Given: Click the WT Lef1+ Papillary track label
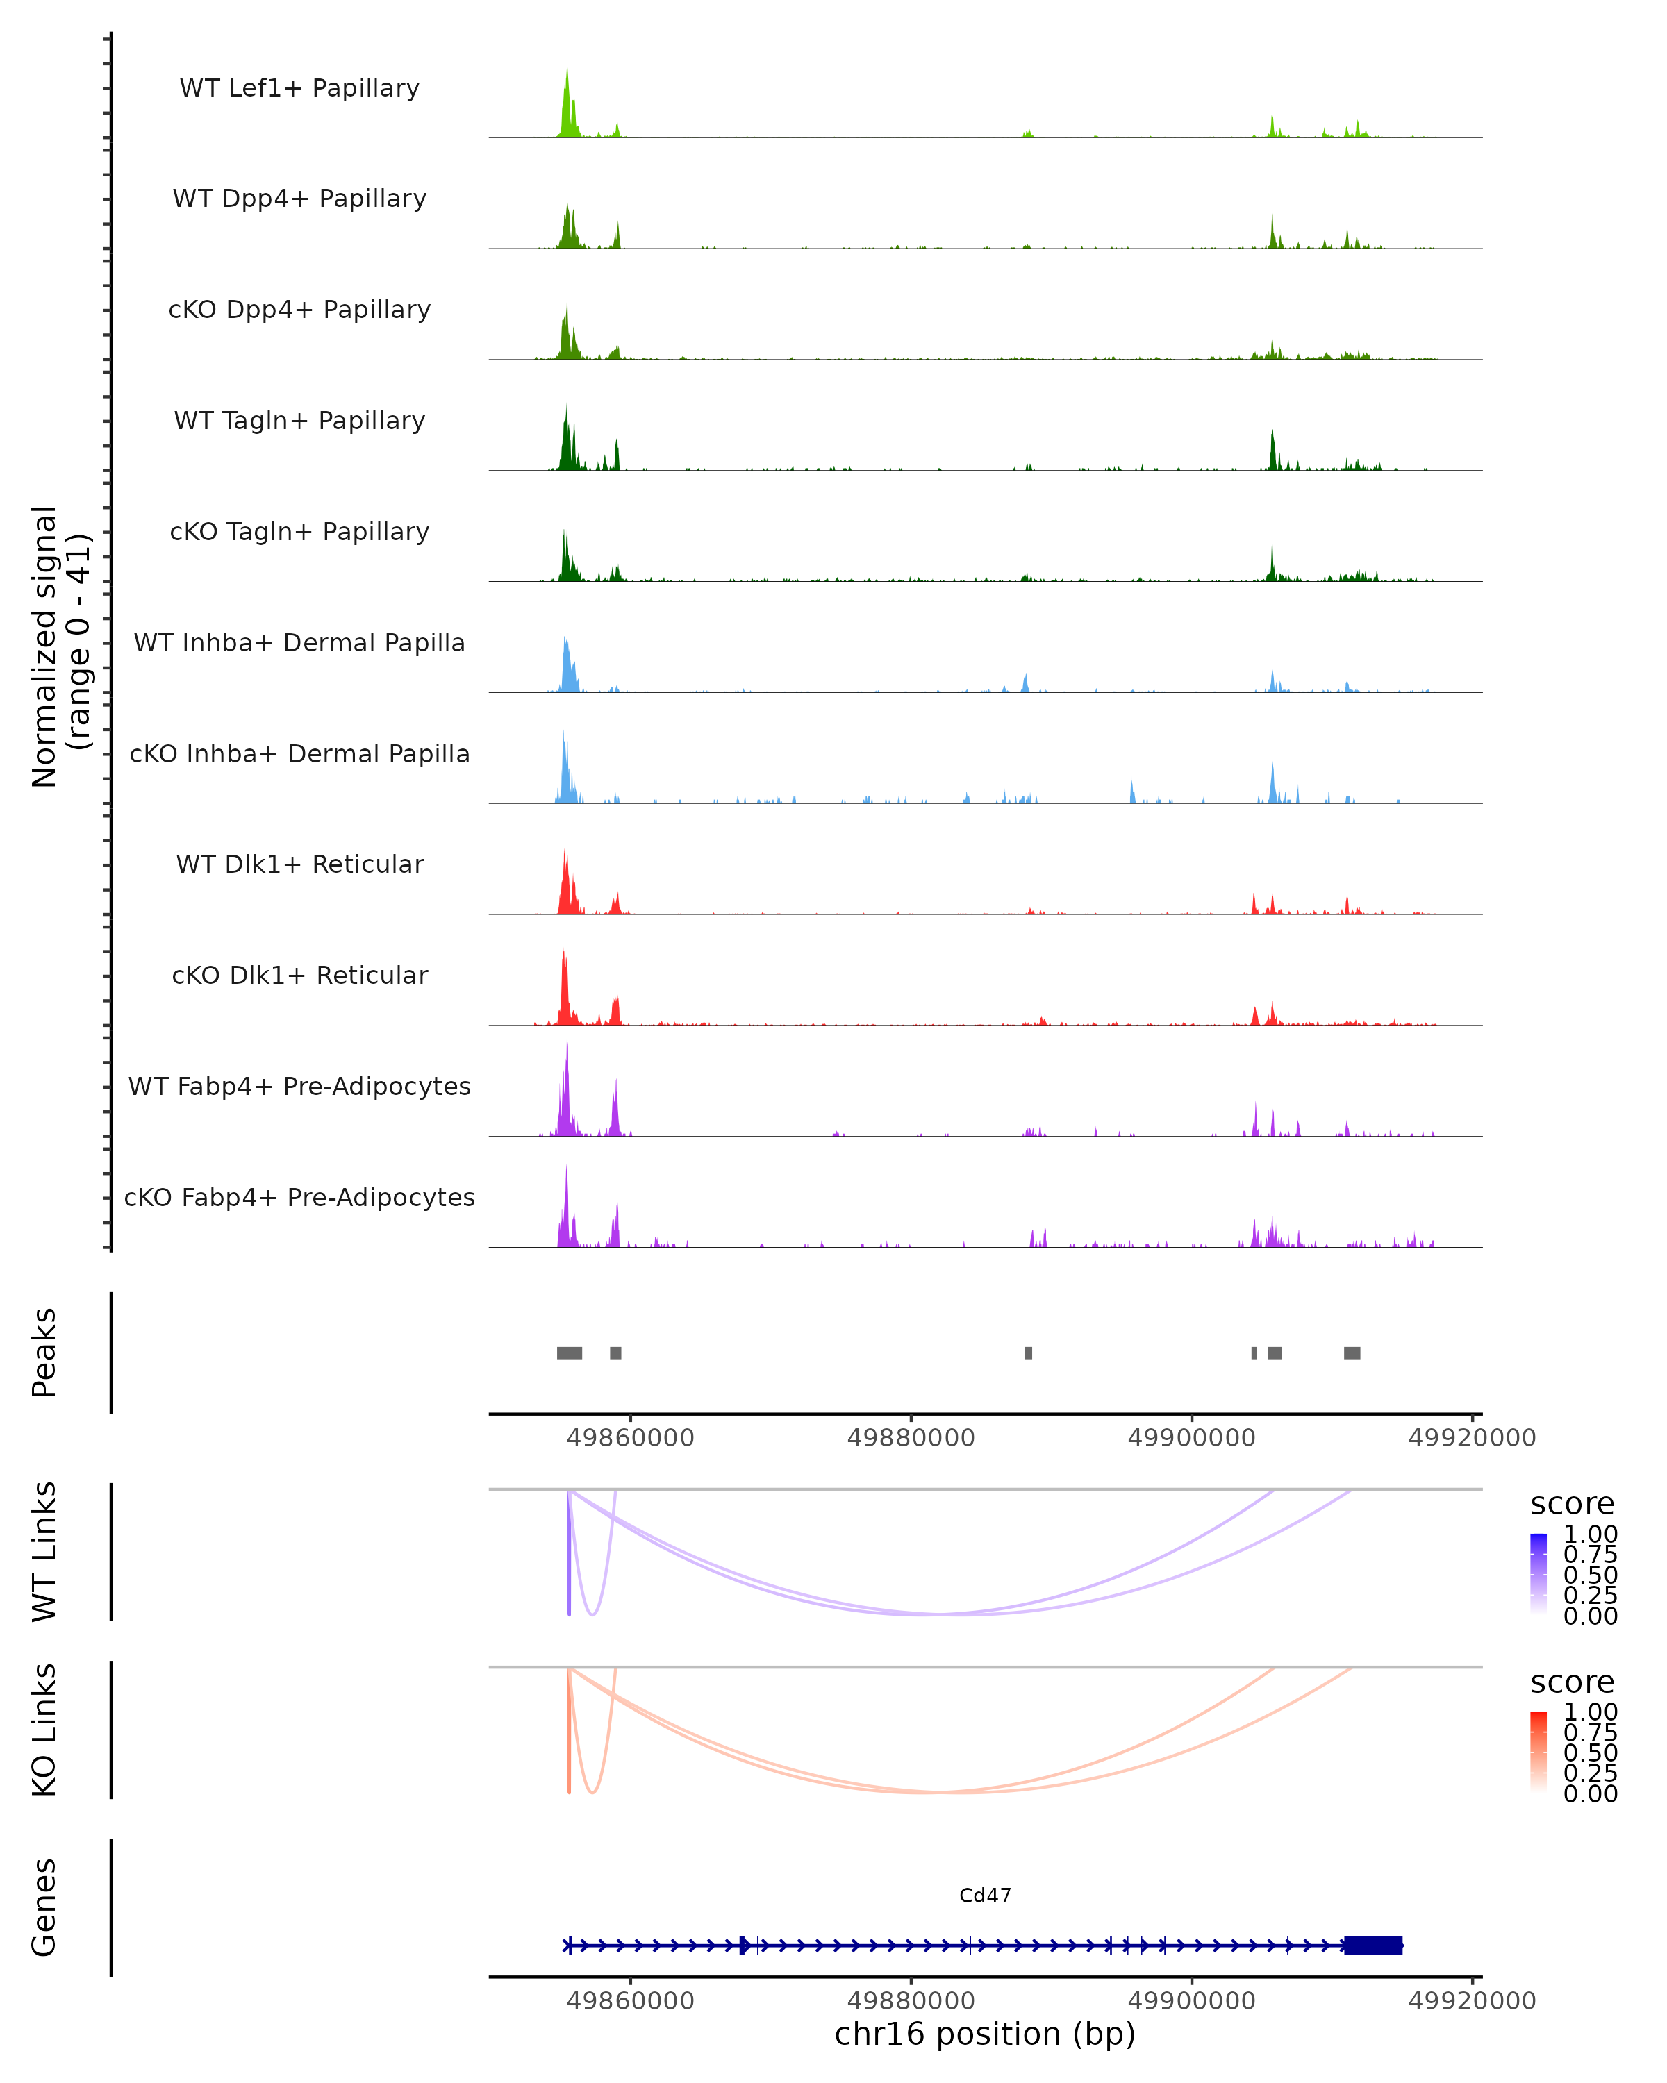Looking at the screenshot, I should point(299,88).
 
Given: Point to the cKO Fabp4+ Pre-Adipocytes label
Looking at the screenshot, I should point(299,1197).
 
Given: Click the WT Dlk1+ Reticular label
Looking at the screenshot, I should point(299,864).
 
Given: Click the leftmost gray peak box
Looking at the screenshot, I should point(569,1353).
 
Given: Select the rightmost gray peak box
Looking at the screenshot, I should point(1352,1353).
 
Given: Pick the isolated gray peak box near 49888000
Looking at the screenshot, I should point(1028,1353).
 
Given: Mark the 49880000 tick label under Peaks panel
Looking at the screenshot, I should point(911,1438).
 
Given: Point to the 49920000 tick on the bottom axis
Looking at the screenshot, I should point(1472,2001).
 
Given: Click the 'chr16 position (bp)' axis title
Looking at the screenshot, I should point(985,2034).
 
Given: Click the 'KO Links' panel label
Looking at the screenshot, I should point(44,1730).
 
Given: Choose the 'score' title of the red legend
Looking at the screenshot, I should point(1571,1682).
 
